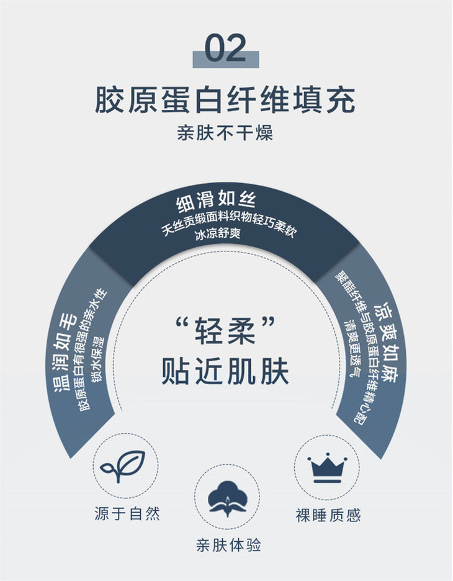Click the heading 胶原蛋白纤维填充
coord(225,100)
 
